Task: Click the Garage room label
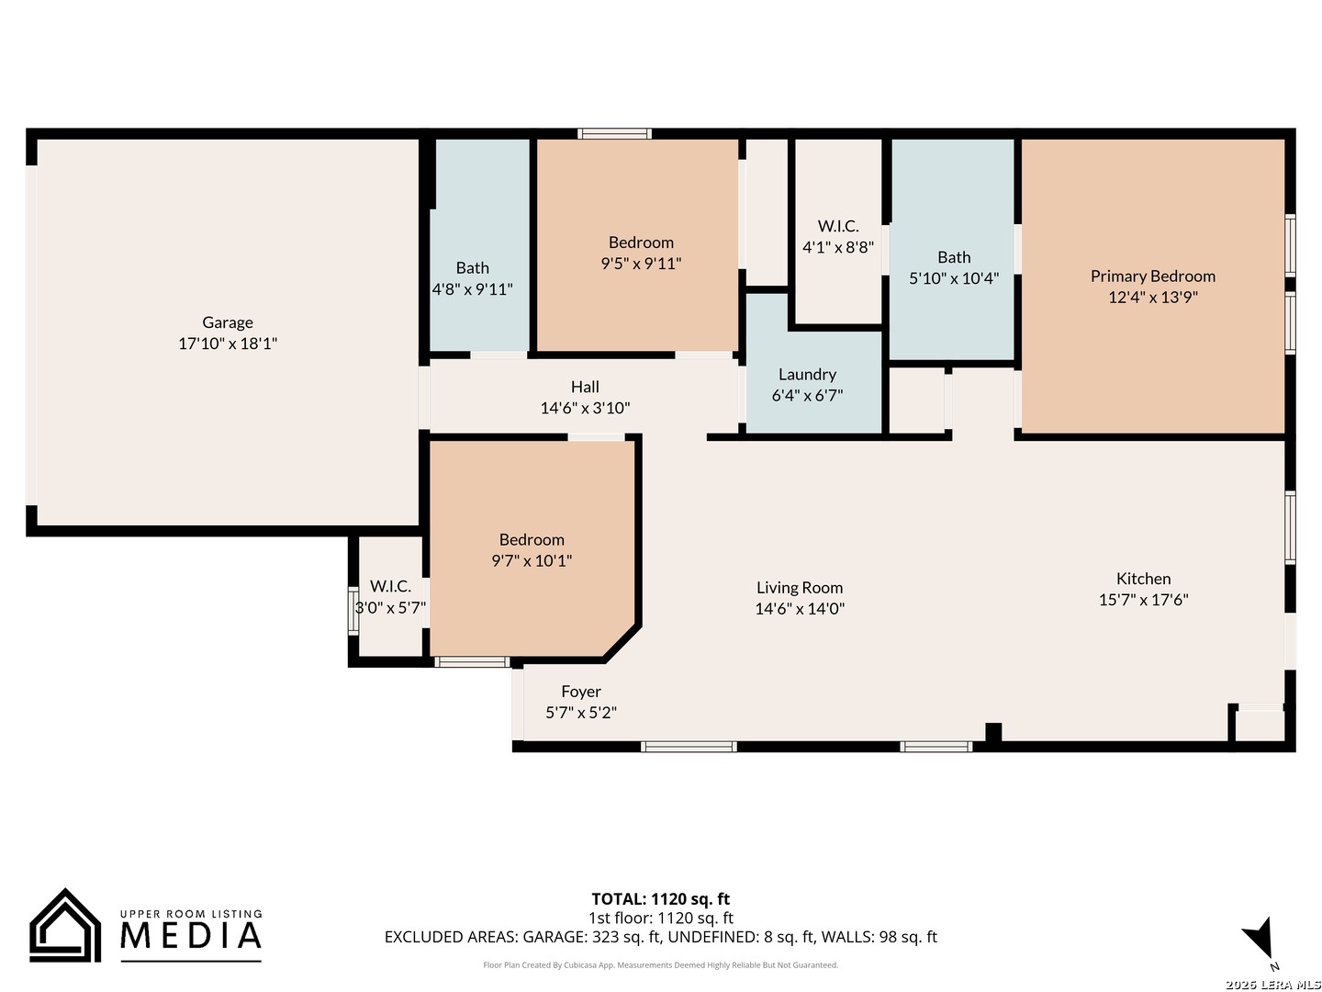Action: (227, 322)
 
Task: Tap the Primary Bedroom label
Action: (1152, 276)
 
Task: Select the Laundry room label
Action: (807, 375)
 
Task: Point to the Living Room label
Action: (800, 587)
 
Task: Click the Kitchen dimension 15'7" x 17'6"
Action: (1143, 600)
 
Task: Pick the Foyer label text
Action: (580, 692)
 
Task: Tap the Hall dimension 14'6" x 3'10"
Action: (585, 409)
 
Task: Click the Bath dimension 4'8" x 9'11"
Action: (472, 289)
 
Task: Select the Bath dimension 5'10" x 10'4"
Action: (954, 278)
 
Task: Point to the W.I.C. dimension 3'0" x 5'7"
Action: (390, 608)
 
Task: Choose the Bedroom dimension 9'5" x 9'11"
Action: (641, 264)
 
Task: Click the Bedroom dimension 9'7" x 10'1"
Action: (532, 560)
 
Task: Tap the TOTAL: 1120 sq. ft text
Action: (660, 899)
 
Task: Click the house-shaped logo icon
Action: (65, 925)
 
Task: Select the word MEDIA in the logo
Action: (190, 935)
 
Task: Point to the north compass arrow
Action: (1260, 939)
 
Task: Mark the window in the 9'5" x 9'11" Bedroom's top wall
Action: (614, 134)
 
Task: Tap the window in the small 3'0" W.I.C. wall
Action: (353, 611)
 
